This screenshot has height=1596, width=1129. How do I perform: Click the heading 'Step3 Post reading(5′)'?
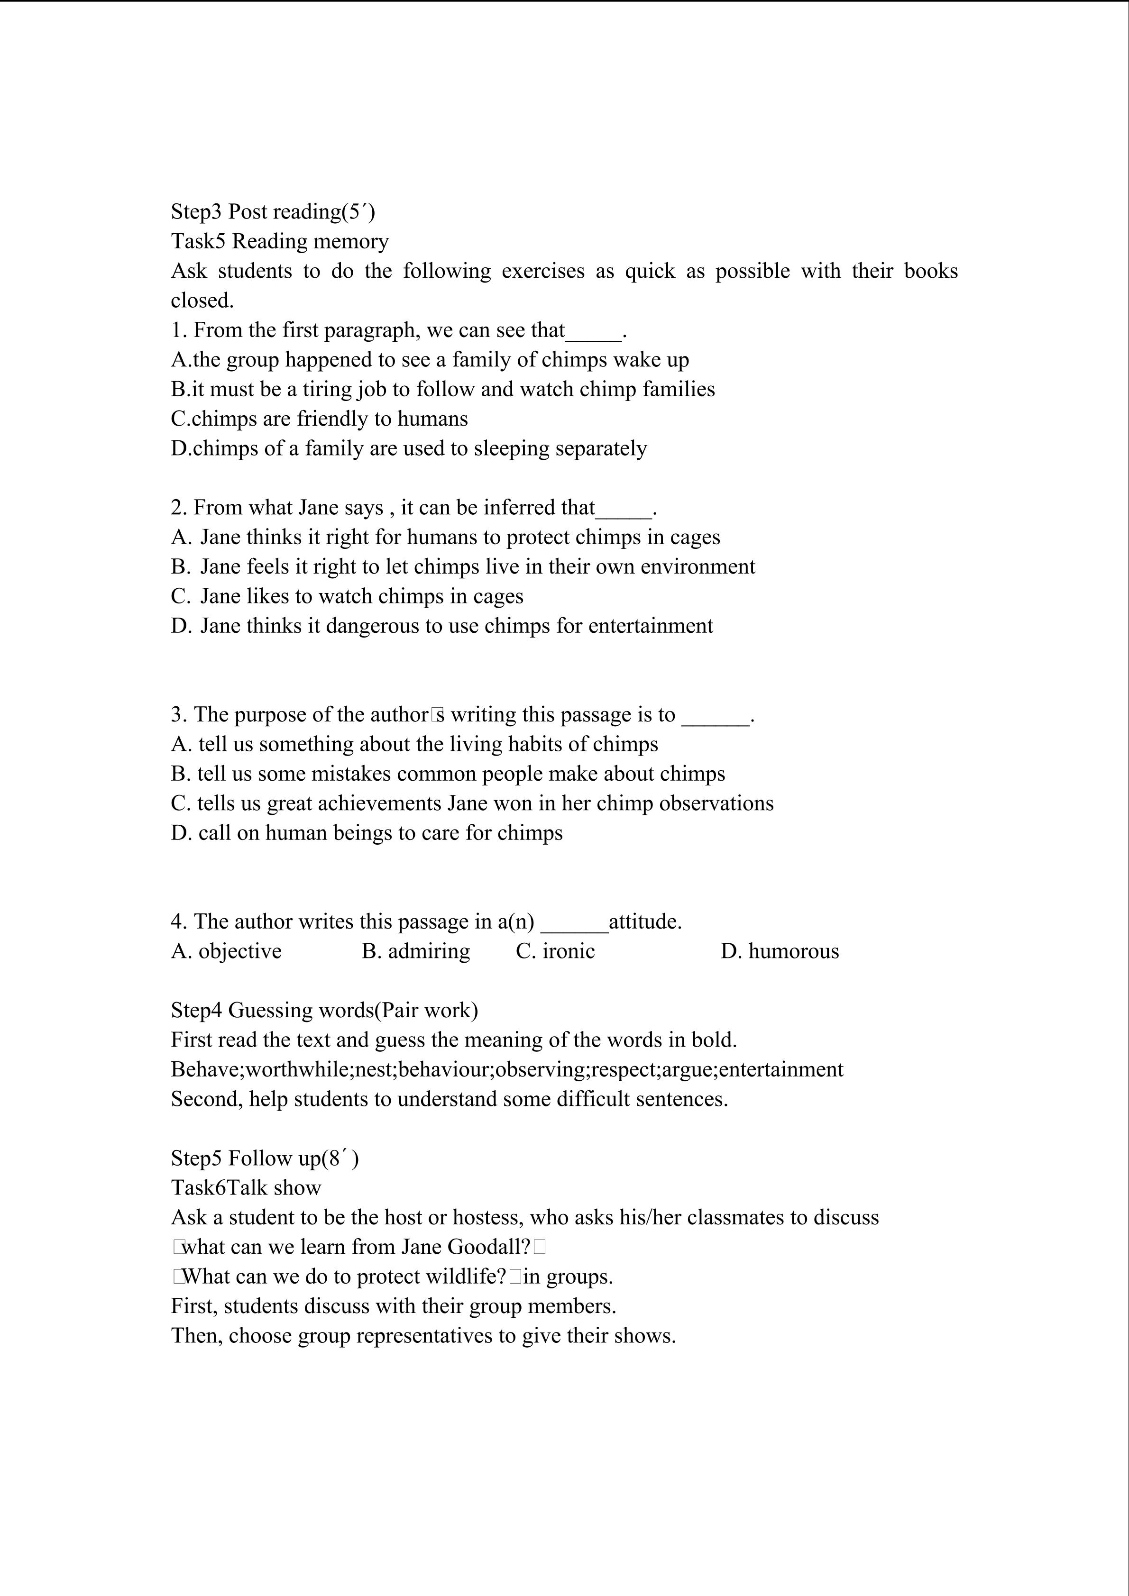click(x=273, y=211)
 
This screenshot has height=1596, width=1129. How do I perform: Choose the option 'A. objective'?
click(x=227, y=951)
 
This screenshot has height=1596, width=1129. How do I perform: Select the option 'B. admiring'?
click(x=416, y=951)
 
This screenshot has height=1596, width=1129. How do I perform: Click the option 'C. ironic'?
click(x=555, y=951)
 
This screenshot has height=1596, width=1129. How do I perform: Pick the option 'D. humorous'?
click(x=780, y=951)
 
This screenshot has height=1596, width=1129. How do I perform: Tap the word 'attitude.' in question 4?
click(x=645, y=922)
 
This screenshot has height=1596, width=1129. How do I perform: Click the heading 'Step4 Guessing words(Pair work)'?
click(x=325, y=1010)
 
